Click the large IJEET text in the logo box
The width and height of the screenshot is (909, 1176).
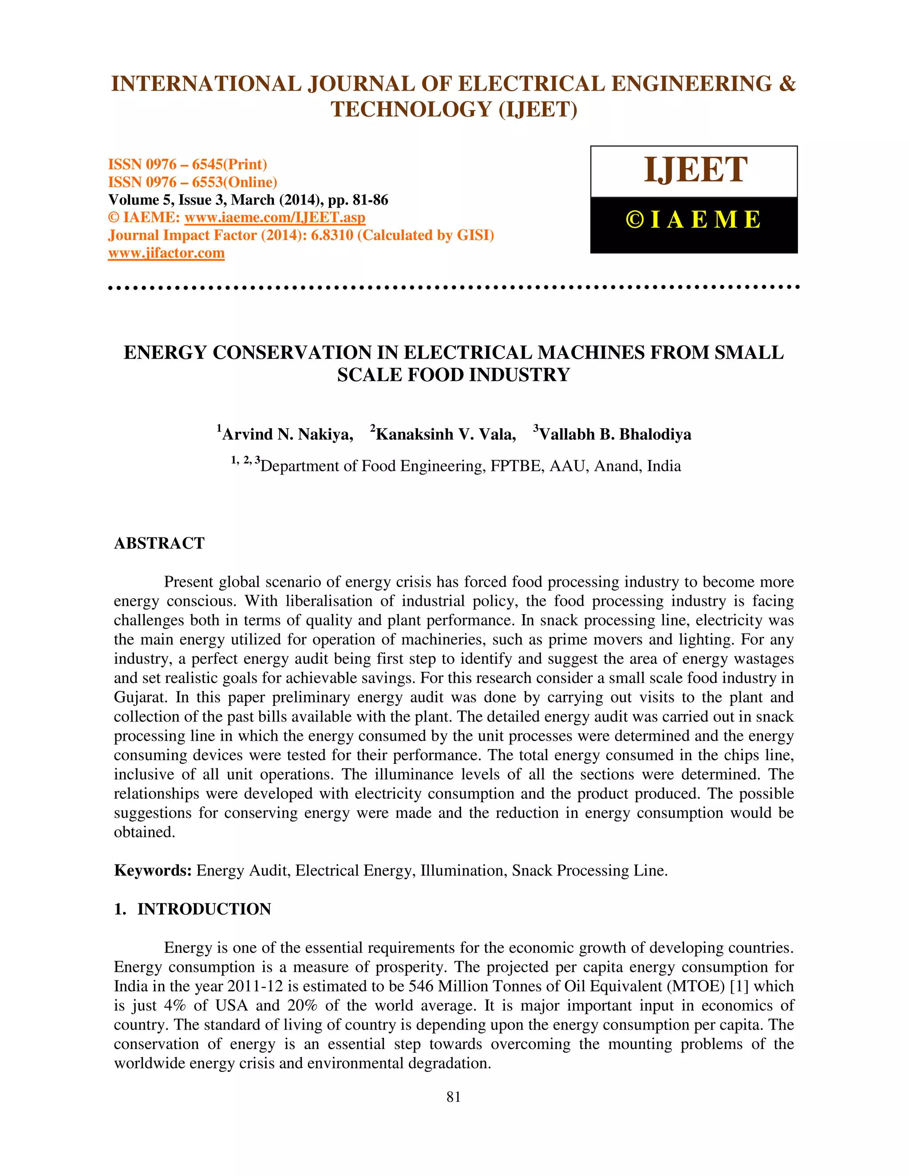(695, 170)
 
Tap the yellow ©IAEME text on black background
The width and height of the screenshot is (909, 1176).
(694, 220)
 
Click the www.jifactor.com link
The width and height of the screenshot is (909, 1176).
(166, 253)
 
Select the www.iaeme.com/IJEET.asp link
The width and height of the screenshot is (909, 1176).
(275, 217)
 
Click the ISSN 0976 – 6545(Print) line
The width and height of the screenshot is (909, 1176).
(187, 164)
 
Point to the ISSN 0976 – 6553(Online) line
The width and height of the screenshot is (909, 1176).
(192, 182)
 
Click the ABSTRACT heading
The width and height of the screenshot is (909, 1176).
(159, 543)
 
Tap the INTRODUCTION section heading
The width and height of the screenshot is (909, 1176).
(204, 909)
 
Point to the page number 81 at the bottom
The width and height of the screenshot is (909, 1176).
(454, 1097)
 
